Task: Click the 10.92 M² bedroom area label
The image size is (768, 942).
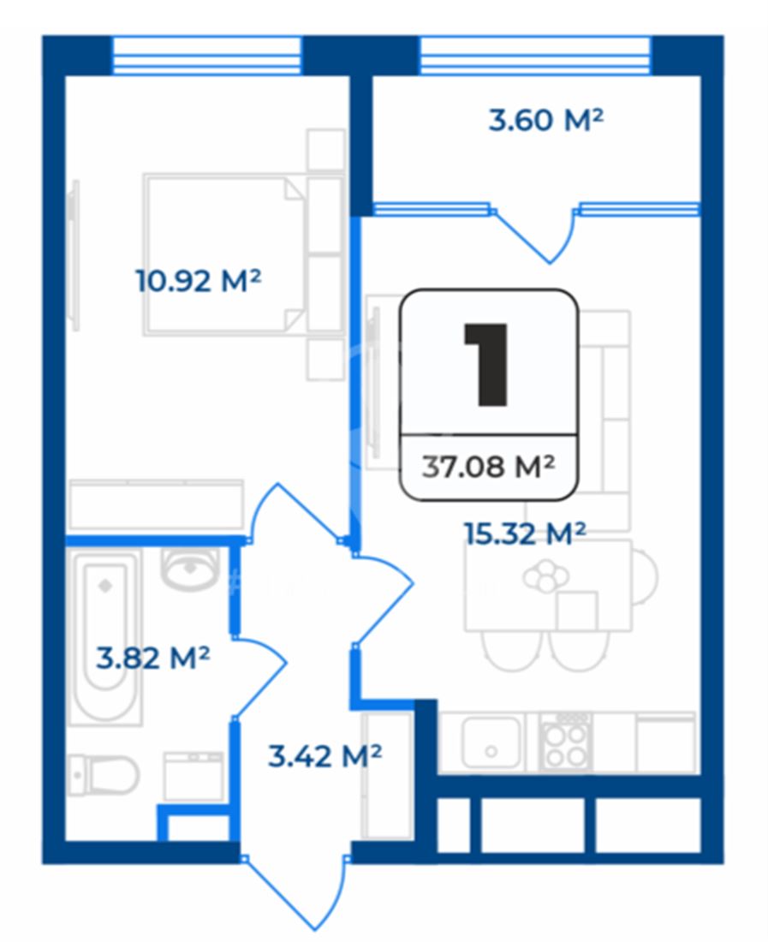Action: click(x=198, y=281)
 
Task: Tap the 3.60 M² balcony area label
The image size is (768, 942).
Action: click(x=545, y=120)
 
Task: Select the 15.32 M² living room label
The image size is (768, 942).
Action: click(x=525, y=534)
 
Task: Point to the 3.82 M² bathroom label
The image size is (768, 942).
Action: click(x=153, y=658)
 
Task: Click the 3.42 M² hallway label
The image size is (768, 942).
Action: click(x=324, y=756)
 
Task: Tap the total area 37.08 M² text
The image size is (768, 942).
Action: click(x=488, y=467)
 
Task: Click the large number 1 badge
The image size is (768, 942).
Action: click(x=487, y=364)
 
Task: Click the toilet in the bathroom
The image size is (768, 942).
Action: click(x=104, y=775)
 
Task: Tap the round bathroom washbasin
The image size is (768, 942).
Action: click(x=190, y=569)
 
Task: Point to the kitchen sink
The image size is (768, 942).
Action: click(x=491, y=742)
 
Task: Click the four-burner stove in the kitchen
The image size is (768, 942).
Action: click(x=563, y=742)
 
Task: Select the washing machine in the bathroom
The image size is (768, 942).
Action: click(x=194, y=776)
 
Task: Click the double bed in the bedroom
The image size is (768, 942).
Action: click(x=225, y=254)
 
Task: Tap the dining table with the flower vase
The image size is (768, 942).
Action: click(x=548, y=585)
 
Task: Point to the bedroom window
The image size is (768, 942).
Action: click(x=206, y=56)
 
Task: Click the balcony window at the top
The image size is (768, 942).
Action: click(x=534, y=56)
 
